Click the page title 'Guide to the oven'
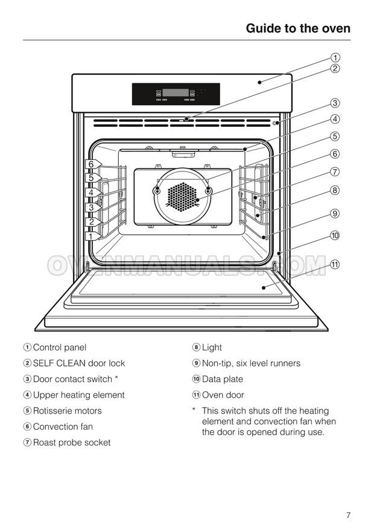(x=298, y=28)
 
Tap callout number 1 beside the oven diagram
(x=335, y=57)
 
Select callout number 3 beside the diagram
(x=335, y=103)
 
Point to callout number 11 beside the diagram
(x=334, y=264)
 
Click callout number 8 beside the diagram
(x=335, y=190)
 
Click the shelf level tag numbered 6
(x=92, y=164)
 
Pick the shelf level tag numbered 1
(x=92, y=236)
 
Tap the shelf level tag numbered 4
(x=92, y=193)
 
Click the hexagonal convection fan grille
(x=182, y=196)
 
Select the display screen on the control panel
(x=176, y=92)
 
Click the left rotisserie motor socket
(x=157, y=191)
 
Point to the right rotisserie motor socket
(x=208, y=191)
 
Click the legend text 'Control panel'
(x=60, y=348)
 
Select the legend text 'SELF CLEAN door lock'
(x=79, y=363)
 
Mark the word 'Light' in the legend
(x=212, y=348)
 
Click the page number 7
(x=348, y=516)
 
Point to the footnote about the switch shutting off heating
(x=264, y=421)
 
